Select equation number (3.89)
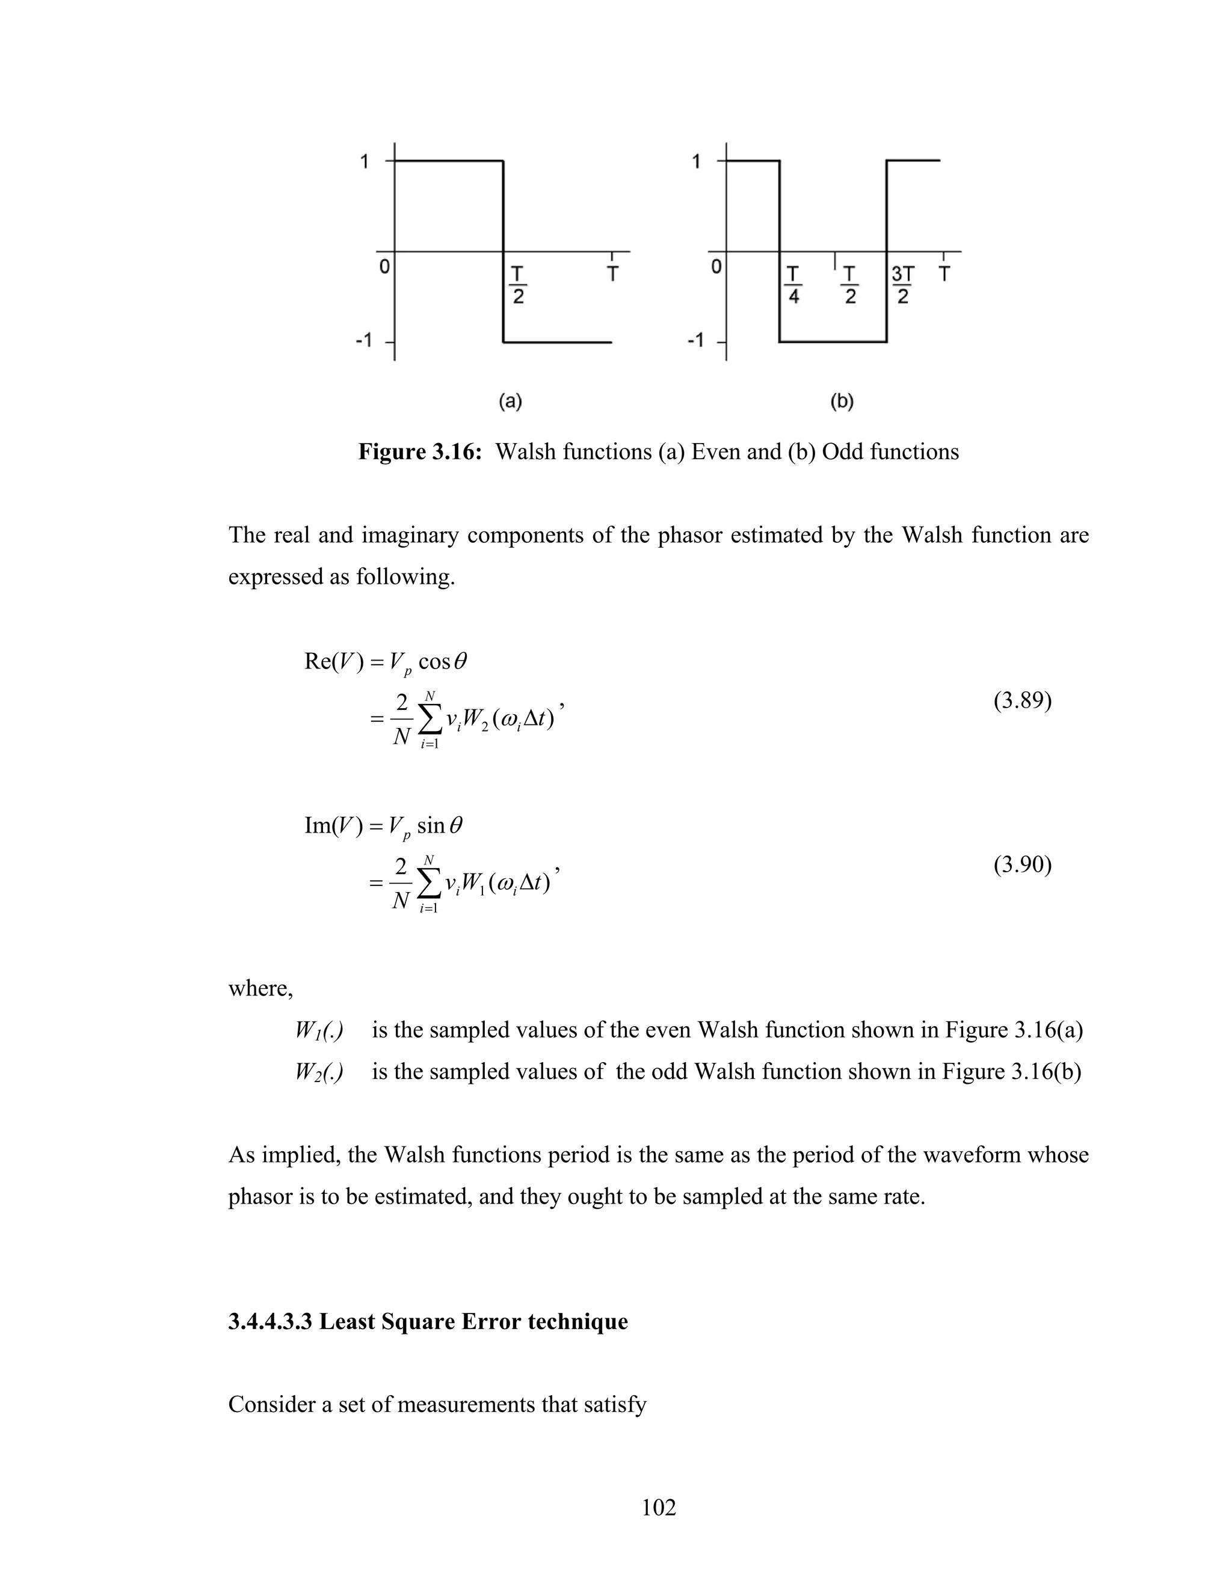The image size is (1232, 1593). click(x=1022, y=701)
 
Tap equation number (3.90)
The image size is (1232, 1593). click(x=1022, y=864)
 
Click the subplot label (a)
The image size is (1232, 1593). click(x=510, y=400)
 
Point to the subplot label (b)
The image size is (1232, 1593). click(x=842, y=400)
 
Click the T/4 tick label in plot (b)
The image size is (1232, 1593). click(x=793, y=285)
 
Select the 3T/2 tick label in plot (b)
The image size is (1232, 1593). click(x=903, y=285)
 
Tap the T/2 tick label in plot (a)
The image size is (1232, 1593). click(x=517, y=285)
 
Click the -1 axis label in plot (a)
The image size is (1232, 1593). click(x=363, y=341)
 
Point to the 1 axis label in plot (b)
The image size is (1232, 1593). click(x=696, y=161)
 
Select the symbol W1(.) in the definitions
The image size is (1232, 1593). click(x=319, y=1030)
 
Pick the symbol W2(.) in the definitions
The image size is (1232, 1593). click(x=319, y=1071)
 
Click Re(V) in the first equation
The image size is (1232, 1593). click(x=333, y=662)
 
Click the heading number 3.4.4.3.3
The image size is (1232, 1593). click(x=271, y=1322)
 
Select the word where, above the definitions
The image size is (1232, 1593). click(x=260, y=988)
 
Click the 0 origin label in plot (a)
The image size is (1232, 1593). click(x=384, y=268)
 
